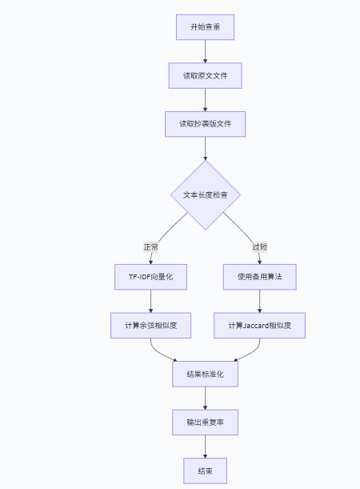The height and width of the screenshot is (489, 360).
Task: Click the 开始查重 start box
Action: (206, 27)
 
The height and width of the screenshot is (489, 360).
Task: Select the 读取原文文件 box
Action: (206, 76)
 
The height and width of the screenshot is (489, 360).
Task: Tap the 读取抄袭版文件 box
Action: (206, 124)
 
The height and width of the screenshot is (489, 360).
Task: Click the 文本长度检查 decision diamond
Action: (206, 195)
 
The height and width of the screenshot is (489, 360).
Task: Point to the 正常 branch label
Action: (150, 247)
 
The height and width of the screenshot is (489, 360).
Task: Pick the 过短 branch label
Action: (260, 247)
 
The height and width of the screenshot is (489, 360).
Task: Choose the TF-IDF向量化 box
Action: (150, 277)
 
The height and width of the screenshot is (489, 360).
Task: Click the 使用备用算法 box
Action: (260, 277)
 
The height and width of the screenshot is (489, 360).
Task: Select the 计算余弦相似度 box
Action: (150, 325)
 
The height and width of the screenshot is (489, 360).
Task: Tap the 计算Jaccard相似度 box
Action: (260, 325)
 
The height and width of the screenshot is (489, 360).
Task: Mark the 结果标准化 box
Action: (206, 374)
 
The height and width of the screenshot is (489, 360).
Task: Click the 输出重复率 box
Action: (206, 422)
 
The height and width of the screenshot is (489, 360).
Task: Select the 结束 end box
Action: (206, 470)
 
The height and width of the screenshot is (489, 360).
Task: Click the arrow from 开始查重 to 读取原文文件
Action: (206, 51)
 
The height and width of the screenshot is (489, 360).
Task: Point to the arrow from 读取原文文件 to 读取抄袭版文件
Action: (206, 100)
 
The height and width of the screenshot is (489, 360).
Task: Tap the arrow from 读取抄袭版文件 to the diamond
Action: (206, 148)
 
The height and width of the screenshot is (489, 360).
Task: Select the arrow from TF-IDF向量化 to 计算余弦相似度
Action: (150, 301)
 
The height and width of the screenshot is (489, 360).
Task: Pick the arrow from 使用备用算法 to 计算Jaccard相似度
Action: (260, 301)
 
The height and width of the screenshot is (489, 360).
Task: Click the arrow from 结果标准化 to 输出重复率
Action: (206, 398)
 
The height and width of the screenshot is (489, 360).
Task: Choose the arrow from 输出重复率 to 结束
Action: (206, 446)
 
